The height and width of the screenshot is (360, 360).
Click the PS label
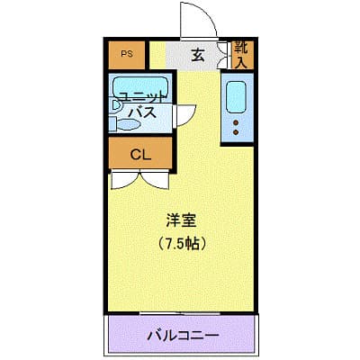tap(128, 54)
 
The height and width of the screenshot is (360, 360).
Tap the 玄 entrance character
tap(197, 55)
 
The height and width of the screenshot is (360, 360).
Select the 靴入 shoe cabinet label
tap(240, 55)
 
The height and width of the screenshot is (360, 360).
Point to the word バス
tap(142, 114)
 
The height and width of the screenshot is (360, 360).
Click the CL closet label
tap(139, 153)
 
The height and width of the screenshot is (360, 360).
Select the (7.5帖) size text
tap(181, 243)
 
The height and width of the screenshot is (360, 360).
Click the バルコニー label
tap(183, 336)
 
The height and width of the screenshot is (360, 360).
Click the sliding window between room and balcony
tap(183, 314)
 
